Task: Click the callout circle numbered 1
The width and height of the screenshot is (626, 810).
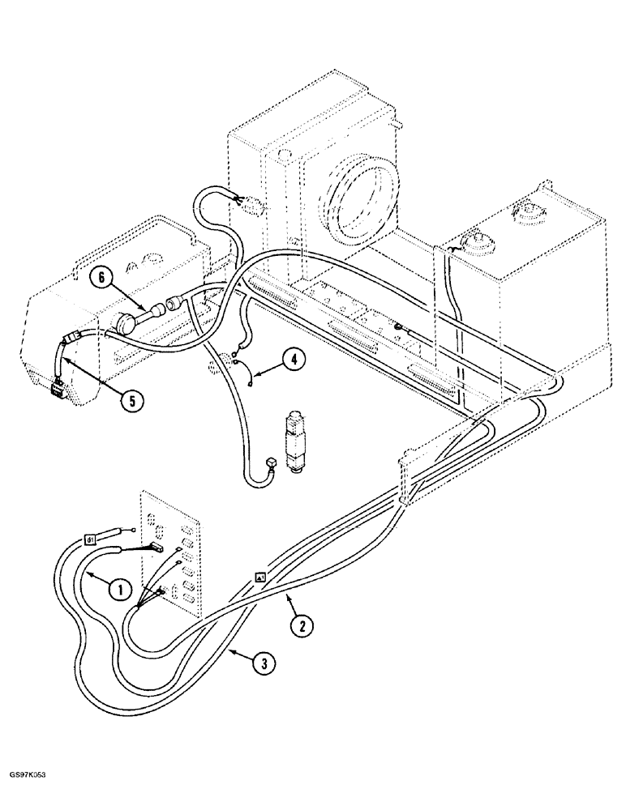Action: click(119, 590)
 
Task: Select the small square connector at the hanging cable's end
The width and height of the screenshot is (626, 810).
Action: click(268, 465)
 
